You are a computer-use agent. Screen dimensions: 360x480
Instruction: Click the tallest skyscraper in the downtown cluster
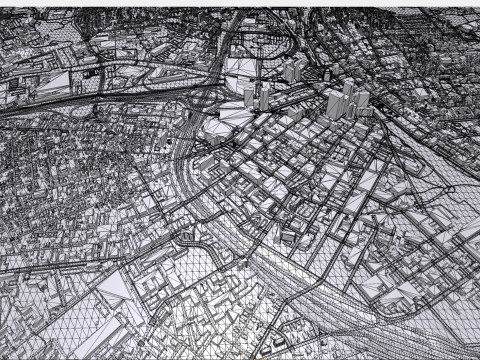(333, 104)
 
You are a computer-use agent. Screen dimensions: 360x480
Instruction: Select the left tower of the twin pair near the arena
(249, 97)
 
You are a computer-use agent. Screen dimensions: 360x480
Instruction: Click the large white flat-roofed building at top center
(240, 68)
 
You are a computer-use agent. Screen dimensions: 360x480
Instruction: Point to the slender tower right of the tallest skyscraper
(350, 97)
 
